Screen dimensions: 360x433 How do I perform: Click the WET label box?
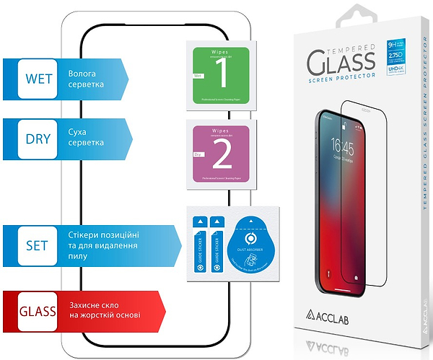tap(38, 79)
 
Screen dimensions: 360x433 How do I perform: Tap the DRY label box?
tap(38, 138)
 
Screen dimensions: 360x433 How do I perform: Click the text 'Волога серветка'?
tap(87, 79)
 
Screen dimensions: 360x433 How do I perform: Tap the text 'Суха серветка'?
tap(87, 138)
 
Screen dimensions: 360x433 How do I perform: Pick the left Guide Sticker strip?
tap(198, 245)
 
